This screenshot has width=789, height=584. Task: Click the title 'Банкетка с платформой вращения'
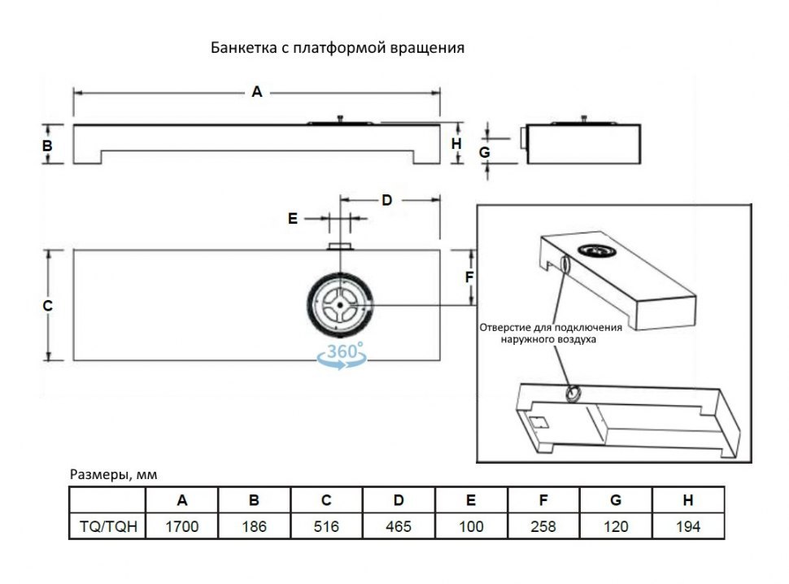click(338, 48)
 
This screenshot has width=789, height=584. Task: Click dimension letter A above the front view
click(257, 93)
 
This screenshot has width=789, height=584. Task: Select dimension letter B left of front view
click(47, 146)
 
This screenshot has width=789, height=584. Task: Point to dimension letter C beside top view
click(47, 306)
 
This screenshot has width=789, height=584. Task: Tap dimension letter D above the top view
click(387, 200)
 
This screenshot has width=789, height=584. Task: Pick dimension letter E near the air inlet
click(294, 219)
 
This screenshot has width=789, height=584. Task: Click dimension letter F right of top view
click(469, 277)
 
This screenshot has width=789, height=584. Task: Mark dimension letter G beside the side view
click(483, 152)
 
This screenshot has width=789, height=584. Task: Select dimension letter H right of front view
click(456, 144)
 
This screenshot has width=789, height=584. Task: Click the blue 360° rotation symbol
click(342, 356)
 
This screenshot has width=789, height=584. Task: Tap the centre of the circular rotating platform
click(338, 305)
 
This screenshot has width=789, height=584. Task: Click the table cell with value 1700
click(182, 526)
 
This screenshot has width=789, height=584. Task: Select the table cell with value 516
click(326, 526)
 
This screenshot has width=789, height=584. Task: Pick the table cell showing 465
click(399, 526)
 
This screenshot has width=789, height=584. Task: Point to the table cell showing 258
click(543, 526)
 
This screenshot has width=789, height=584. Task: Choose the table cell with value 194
click(688, 526)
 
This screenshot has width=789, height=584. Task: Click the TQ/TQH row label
click(107, 526)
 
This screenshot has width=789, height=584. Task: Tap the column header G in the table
click(616, 501)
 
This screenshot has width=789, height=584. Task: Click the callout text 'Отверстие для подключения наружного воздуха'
click(551, 333)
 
